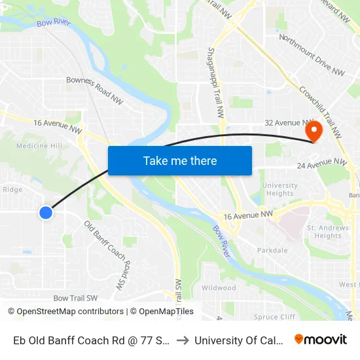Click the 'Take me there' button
(180, 160)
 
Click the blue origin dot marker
(46, 212)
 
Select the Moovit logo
(321, 340)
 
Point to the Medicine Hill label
(39, 146)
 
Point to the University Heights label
(279, 189)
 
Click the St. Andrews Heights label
(327, 232)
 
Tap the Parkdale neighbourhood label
(272, 250)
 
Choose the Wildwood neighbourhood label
(219, 288)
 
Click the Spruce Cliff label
(275, 317)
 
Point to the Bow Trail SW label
(75, 298)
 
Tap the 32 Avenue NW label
(286, 122)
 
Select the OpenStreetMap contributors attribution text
(66, 312)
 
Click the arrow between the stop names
(183, 340)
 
